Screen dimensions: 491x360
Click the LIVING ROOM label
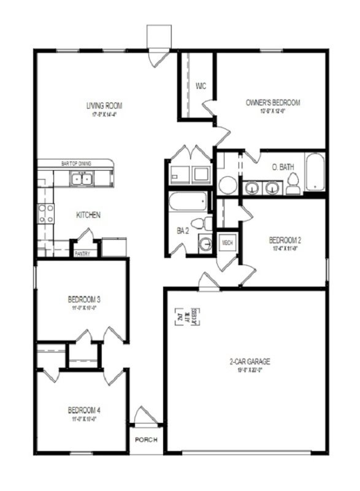pyautogui.click(x=102, y=105)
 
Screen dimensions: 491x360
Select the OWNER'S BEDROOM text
pyautogui.click(x=272, y=102)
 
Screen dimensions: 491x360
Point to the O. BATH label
pyautogui.click(x=283, y=167)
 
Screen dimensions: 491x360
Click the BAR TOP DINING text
pyautogui.click(x=77, y=163)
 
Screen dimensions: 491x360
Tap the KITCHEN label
pyautogui.click(x=88, y=215)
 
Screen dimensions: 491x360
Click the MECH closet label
pyautogui.click(x=226, y=242)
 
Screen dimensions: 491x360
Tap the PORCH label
pyautogui.click(x=147, y=440)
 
